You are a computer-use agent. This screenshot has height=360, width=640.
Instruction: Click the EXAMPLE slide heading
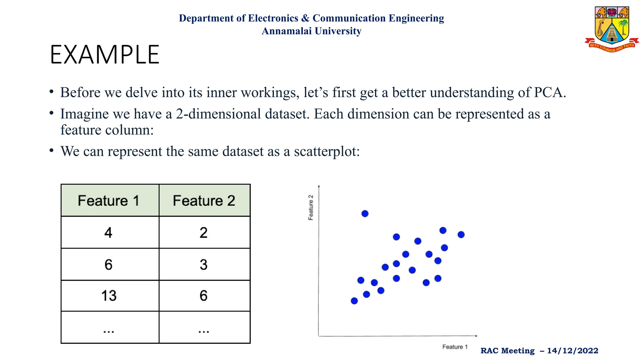[x=105, y=55]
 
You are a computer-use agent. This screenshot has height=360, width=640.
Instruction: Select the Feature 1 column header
[x=108, y=201]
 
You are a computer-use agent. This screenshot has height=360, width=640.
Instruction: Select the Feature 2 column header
[x=204, y=201]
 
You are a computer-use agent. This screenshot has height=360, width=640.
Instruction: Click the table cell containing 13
[x=109, y=296]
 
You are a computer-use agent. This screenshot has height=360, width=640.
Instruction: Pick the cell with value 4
[x=108, y=233]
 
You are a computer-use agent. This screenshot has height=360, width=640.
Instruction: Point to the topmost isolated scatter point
[x=365, y=214]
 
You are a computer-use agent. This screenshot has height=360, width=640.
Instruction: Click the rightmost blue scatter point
[x=461, y=234]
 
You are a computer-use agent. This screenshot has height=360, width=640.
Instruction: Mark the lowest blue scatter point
[x=354, y=301]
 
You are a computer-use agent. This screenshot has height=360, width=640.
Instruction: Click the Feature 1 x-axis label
[x=455, y=347]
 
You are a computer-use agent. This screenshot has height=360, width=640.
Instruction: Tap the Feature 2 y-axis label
[x=311, y=207]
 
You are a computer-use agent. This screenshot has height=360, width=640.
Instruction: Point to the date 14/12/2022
[x=572, y=351]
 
